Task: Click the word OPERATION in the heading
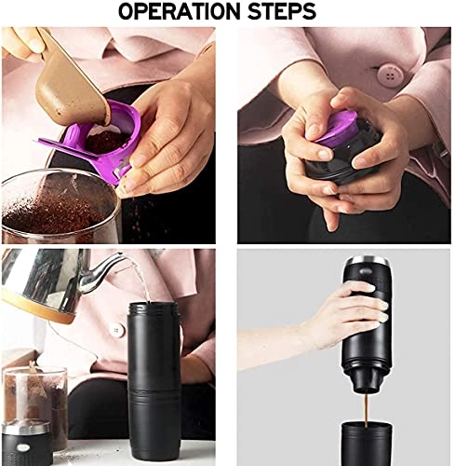180,12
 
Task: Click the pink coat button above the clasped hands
391,75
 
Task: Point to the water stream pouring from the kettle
142,281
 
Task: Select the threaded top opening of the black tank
154,309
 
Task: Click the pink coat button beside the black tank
117,331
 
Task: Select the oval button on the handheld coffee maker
366,272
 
